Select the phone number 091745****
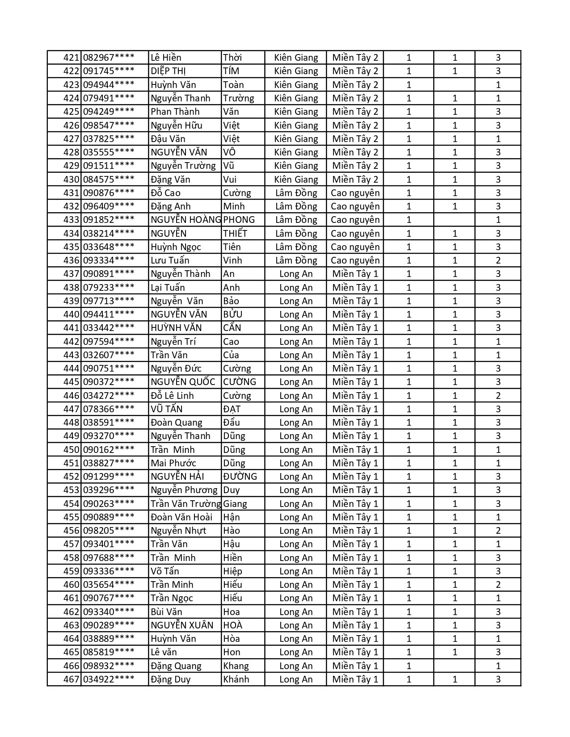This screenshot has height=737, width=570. [109, 71]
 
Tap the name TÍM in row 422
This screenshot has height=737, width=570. [231, 71]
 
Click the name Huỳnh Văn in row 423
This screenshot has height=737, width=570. [173, 85]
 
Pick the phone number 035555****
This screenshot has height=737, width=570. [109, 152]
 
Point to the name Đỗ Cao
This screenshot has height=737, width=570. [165, 193]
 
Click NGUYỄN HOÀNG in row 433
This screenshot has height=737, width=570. [186, 220]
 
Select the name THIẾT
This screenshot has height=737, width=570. [235, 234]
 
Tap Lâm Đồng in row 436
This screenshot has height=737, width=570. [296, 260]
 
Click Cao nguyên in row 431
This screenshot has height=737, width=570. [355, 193]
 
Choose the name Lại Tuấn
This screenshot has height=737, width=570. [168, 288]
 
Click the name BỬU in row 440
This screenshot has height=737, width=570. [232, 314]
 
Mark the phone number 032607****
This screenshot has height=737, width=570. [109, 355]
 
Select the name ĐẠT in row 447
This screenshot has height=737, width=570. [232, 409]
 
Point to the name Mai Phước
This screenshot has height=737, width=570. [173, 463]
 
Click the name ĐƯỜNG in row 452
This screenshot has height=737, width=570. [240, 477]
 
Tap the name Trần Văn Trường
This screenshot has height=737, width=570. [186, 504]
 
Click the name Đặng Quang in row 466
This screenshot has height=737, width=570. [176, 666]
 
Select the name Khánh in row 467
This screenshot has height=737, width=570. [236, 679]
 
